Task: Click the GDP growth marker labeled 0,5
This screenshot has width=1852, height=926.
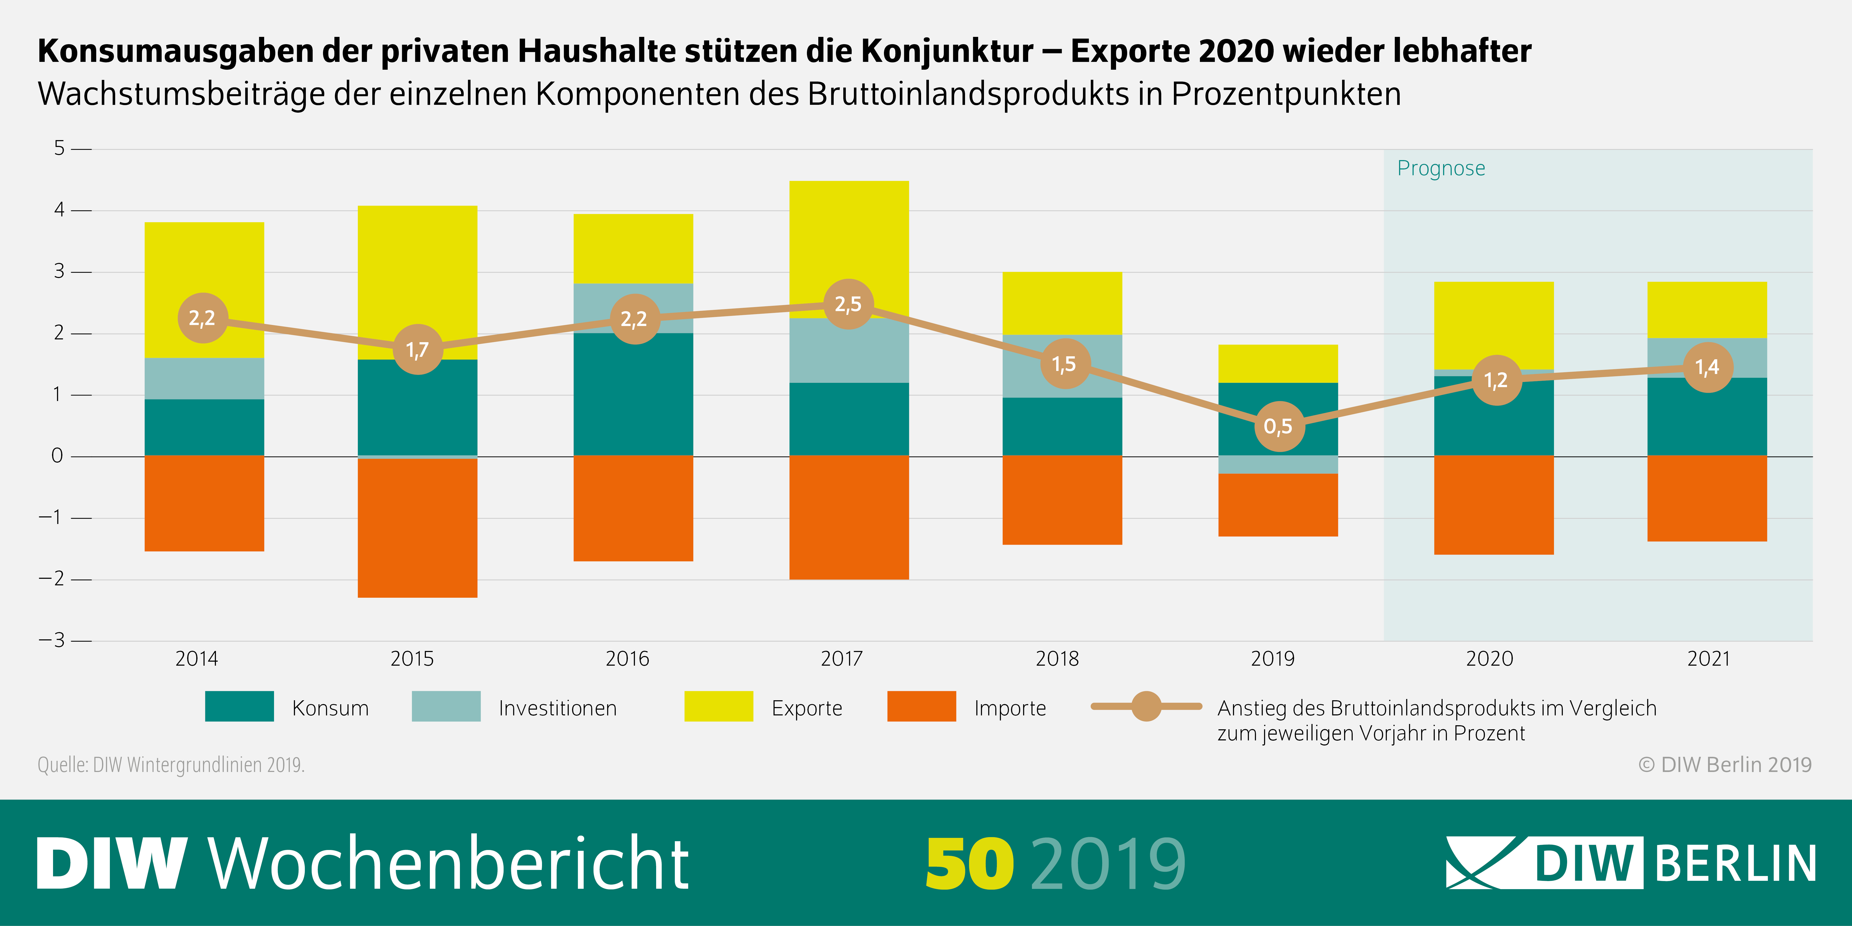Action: click(1278, 426)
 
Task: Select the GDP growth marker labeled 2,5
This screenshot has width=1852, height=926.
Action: click(848, 304)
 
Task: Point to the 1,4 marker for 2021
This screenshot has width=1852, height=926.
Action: click(1708, 367)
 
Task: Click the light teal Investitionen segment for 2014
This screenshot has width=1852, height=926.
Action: click(204, 378)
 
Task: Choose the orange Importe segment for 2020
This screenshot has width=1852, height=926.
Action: click(1494, 505)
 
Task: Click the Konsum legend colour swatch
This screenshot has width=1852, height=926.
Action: click(239, 707)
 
